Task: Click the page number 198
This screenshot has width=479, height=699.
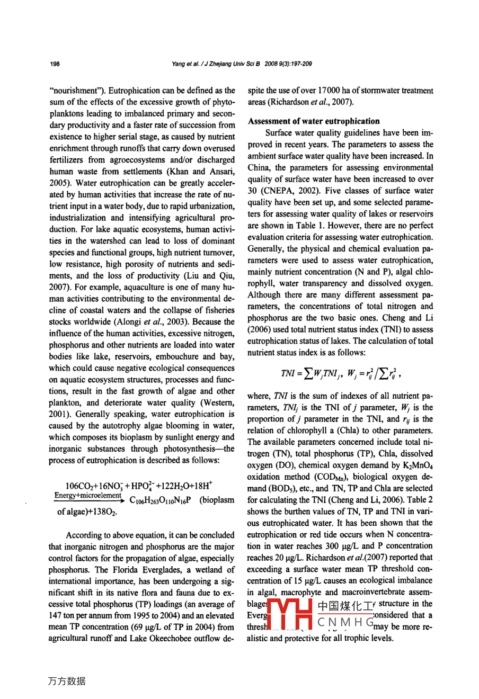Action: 55,64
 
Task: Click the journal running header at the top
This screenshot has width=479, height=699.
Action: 242,64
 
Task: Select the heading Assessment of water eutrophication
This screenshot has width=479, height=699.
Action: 314,121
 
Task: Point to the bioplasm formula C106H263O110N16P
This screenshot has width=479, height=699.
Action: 160,500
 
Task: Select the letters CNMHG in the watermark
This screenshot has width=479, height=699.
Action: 345,622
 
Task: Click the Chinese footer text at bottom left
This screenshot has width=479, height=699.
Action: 67,681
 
